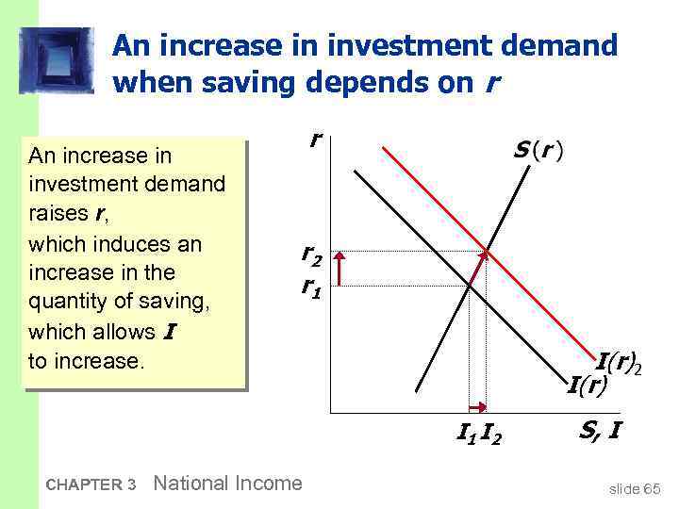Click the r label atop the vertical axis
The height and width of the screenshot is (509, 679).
[x=313, y=139]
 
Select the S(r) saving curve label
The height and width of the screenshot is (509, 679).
[x=538, y=151]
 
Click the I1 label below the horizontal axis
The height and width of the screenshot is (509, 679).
[x=465, y=434]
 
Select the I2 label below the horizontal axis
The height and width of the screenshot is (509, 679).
[x=490, y=434]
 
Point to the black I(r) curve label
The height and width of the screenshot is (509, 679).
[x=588, y=384]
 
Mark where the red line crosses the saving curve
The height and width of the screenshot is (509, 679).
[x=487, y=251]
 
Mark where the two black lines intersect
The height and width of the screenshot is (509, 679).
[x=469, y=283]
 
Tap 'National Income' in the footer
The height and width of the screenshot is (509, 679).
[x=227, y=484]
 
